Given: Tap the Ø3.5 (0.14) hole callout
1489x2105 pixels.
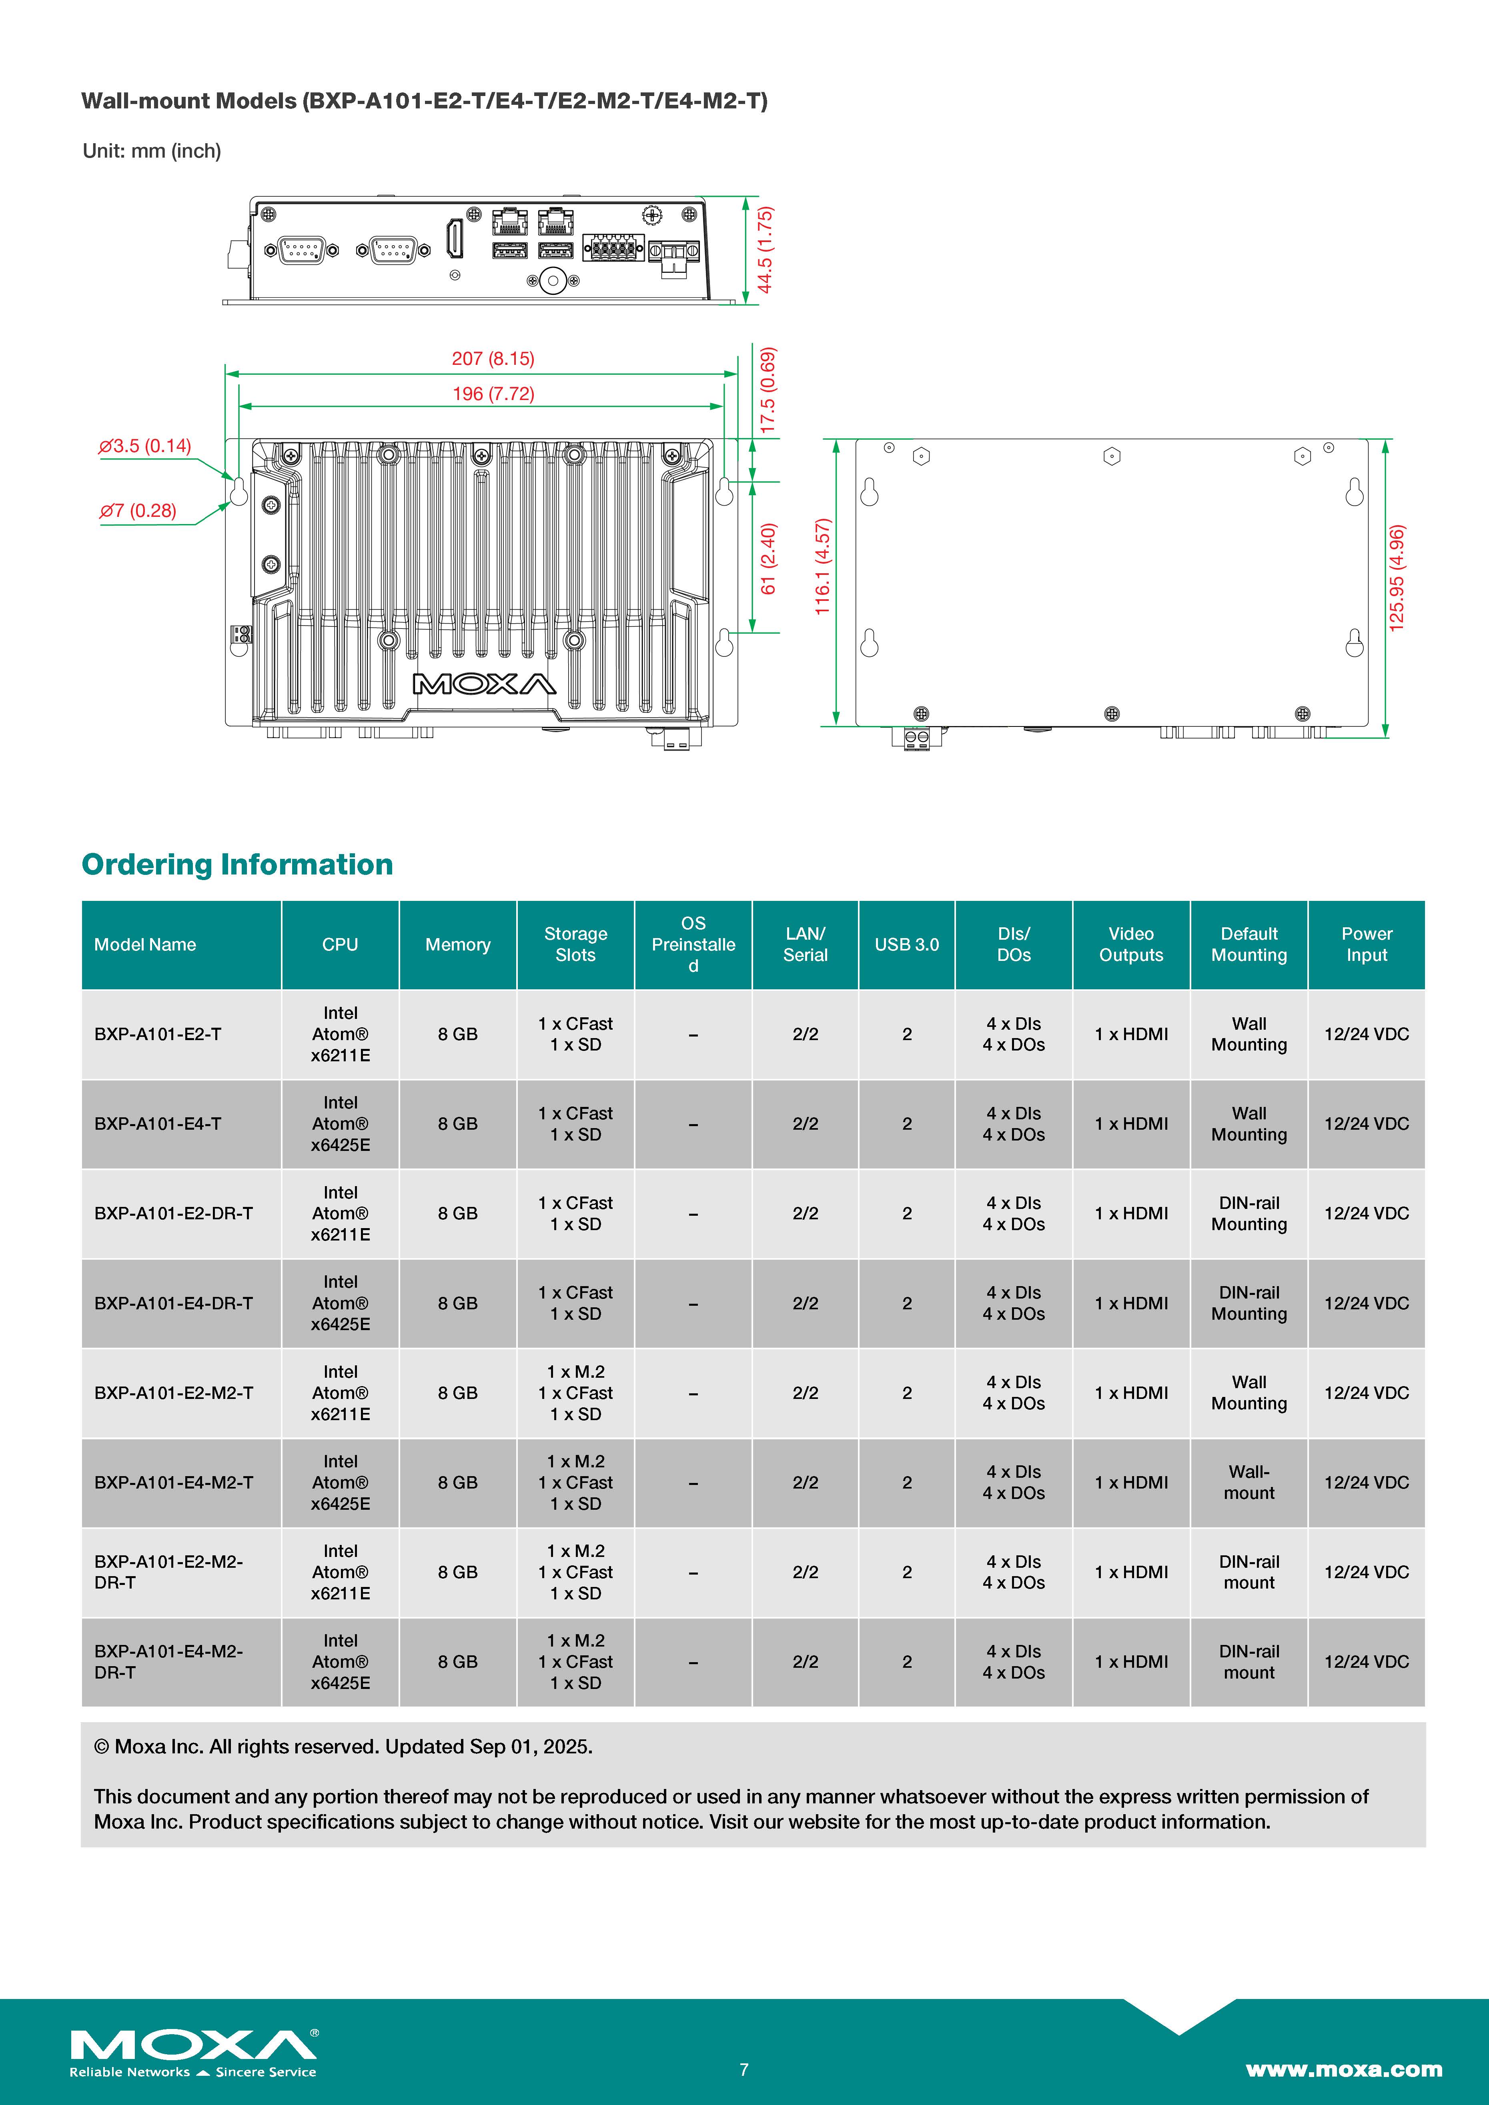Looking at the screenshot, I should tap(145, 446).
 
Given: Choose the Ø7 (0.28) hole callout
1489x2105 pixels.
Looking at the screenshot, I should tap(138, 511).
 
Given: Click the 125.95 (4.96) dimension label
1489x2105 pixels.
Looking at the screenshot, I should tap(1397, 578).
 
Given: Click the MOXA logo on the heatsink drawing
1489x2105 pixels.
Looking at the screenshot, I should tap(484, 684).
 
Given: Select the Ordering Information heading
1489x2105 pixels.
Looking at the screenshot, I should tap(237, 864).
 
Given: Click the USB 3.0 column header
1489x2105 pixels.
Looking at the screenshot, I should tap(906, 944).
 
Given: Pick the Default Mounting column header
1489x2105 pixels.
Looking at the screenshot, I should tap(1249, 944).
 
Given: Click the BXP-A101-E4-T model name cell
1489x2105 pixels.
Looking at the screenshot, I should tap(158, 1124).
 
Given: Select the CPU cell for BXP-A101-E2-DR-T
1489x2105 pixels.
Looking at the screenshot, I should tap(340, 1213).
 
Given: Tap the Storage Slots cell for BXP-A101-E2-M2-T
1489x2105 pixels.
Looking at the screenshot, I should tap(576, 1393).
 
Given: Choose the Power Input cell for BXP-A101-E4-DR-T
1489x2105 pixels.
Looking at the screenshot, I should tap(1366, 1303).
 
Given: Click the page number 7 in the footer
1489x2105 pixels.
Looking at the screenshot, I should tap(743, 2069).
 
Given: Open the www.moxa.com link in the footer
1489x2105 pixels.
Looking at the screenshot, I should tap(1343, 2069).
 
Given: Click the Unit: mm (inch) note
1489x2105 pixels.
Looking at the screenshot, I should tap(152, 151).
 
